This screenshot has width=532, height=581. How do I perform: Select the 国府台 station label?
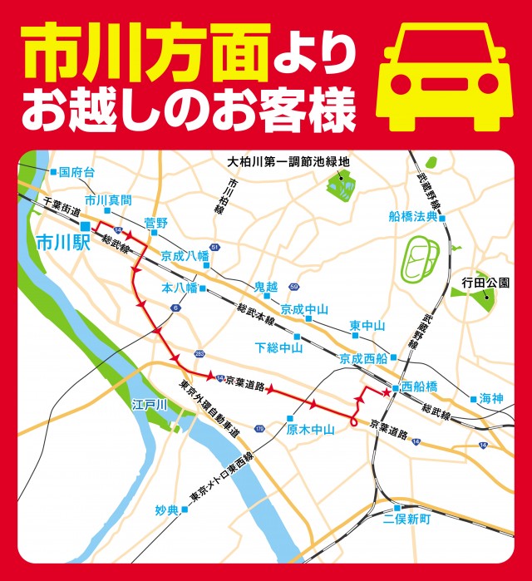[x=78, y=172]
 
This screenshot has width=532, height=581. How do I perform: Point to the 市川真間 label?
[x=109, y=201]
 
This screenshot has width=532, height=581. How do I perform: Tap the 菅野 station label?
[x=155, y=223]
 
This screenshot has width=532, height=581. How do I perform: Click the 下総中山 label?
[x=278, y=347]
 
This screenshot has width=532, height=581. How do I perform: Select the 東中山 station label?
[x=367, y=325]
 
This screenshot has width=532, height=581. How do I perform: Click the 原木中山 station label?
[x=310, y=430]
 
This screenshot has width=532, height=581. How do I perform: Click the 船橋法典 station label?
[x=413, y=217]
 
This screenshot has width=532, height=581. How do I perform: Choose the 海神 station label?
[x=491, y=399]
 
